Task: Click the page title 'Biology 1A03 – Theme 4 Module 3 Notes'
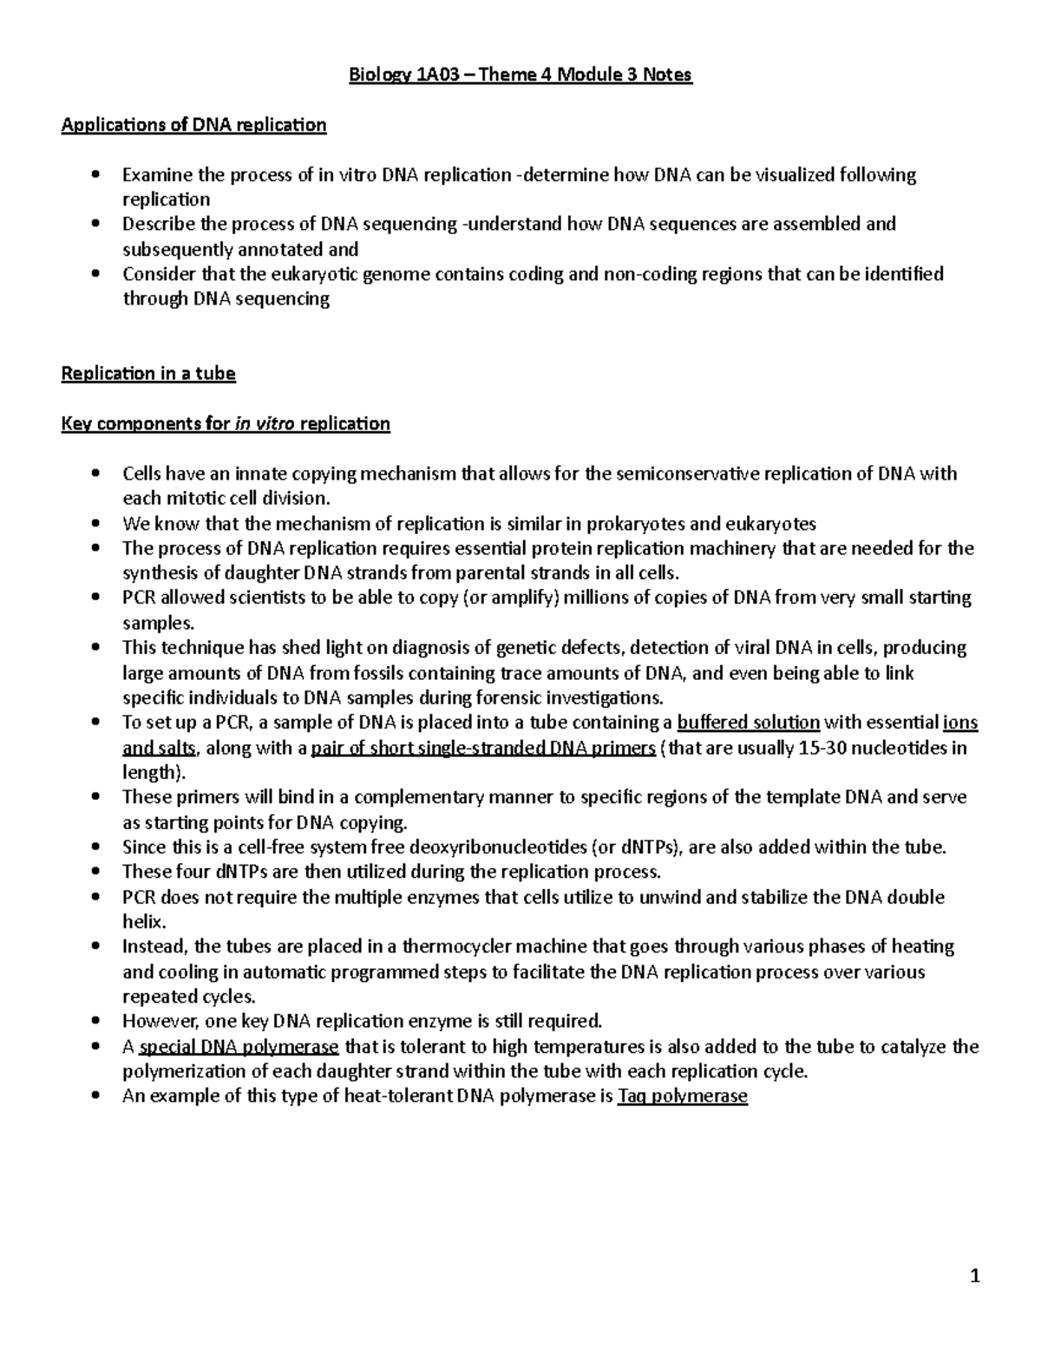520,75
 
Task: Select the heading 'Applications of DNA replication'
193,125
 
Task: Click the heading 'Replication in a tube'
148,374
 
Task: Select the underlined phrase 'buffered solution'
748,723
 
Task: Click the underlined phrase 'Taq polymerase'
682,1096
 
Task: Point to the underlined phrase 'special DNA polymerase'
239,1047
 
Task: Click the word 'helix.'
143,921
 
